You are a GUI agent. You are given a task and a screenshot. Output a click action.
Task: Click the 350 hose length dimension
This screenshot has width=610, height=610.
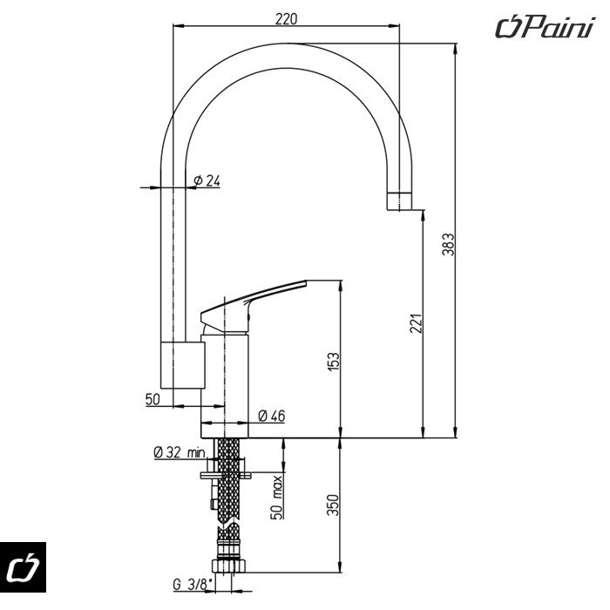coord(333,505)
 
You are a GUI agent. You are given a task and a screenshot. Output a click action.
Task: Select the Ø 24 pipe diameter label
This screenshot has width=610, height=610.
coord(207,180)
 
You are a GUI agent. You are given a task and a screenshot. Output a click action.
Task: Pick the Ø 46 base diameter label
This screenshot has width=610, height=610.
coord(272,417)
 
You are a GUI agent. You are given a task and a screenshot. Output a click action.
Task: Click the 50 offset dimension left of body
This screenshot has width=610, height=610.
coord(153,399)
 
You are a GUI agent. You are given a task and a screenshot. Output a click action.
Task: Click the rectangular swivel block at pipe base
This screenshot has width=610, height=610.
coord(182,363)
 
